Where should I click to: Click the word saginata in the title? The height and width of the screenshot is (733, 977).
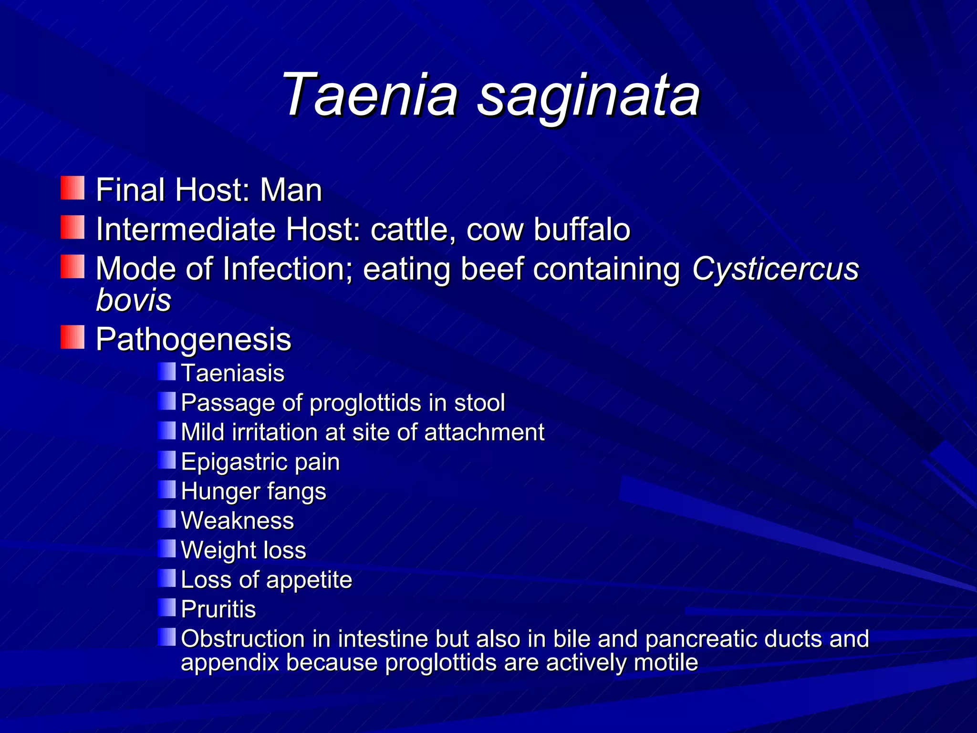click(x=589, y=95)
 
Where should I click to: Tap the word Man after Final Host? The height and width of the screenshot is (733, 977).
click(x=291, y=190)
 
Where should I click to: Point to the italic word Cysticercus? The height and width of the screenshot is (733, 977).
click(x=775, y=269)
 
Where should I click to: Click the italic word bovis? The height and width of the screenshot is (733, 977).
click(x=134, y=300)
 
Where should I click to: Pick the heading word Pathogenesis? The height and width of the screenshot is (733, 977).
click(x=193, y=340)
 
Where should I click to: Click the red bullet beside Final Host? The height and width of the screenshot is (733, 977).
click(x=73, y=188)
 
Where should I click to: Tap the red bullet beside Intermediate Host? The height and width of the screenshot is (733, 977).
click(x=73, y=227)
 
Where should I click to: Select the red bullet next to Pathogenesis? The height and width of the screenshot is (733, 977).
click(x=73, y=337)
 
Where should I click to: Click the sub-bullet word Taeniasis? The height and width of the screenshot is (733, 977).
click(x=233, y=373)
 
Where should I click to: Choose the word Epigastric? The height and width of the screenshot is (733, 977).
click(x=234, y=462)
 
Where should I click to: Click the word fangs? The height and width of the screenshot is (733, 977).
click(x=297, y=492)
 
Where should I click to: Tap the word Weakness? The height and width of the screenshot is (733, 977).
click(x=238, y=521)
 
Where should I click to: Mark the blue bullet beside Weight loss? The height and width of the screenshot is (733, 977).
click(x=167, y=549)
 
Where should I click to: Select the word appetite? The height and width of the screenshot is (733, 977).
click(x=309, y=580)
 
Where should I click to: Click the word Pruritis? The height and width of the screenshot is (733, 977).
click(x=218, y=609)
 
